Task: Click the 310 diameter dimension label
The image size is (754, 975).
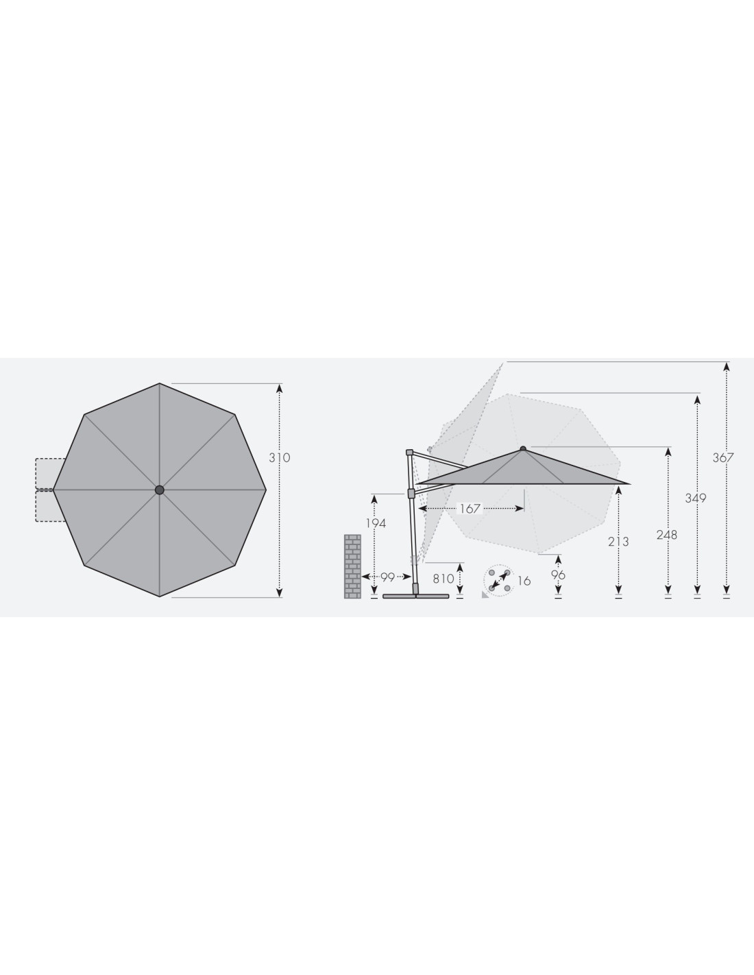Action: point(280,457)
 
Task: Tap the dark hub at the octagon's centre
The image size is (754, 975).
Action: point(159,490)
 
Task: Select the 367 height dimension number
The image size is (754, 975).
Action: point(723,457)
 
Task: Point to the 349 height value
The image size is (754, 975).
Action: point(696,498)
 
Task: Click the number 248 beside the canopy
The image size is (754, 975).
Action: point(667,535)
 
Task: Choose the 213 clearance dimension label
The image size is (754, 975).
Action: point(618,542)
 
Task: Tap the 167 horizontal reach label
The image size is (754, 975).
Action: point(470,509)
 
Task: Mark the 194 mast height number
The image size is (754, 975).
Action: point(376,523)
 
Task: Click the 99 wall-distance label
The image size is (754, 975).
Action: point(387,577)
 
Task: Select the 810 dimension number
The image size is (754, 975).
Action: point(443,579)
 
